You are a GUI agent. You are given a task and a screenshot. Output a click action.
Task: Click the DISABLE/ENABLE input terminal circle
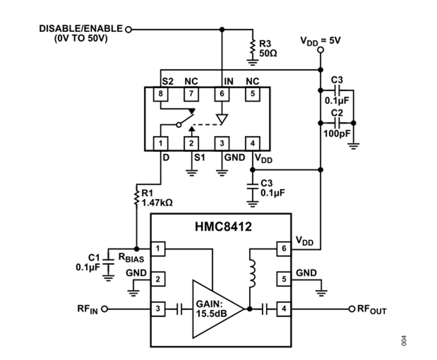pos(128,29)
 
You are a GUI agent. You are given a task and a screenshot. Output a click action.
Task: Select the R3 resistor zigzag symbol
pos(253,48)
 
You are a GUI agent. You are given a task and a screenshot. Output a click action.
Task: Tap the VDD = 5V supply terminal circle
pos(321,50)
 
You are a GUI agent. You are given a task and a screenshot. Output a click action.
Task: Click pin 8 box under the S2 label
pos(161,94)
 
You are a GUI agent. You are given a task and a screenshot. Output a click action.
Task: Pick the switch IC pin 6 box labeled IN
pos(222,94)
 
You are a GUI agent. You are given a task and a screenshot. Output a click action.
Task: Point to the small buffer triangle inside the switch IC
pos(222,119)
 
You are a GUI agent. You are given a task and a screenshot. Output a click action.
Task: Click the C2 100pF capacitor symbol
pos(337,123)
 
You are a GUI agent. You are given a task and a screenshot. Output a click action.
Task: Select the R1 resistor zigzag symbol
pos(136,197)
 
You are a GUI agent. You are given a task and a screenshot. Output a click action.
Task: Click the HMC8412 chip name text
pos(223,227)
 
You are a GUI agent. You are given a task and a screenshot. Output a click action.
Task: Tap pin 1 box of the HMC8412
pos(158,248)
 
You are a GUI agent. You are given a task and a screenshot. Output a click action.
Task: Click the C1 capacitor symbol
pos(108,262)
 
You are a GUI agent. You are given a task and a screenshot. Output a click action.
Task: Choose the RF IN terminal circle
pos(104,309)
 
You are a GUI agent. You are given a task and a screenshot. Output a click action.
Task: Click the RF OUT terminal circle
pos(352,309)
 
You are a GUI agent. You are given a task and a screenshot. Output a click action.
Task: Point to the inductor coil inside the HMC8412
pos(252,274)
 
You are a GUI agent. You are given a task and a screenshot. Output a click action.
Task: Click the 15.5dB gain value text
pos(211,313)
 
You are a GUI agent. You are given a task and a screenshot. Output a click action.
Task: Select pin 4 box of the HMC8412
pos(284,309)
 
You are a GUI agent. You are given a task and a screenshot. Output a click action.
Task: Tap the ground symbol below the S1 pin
pos(191,173)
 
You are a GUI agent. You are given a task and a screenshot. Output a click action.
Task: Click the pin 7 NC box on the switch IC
pos(191,94)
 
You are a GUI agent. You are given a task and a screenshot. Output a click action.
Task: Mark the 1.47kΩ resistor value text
pos(157,203)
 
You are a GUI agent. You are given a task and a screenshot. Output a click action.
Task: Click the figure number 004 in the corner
pos(404,341)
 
